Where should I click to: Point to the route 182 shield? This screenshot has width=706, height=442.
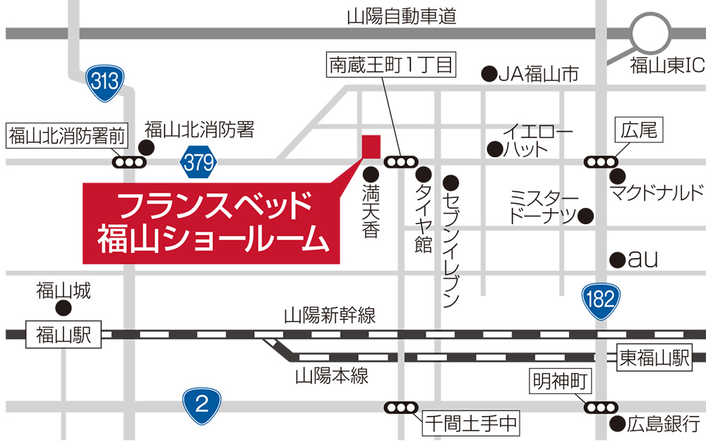601,298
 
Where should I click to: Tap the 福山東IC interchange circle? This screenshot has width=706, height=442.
650,35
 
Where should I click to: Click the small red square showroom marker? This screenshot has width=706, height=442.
371,146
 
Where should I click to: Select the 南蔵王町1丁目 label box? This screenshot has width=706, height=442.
390,66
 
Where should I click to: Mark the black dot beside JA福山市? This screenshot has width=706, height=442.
487,72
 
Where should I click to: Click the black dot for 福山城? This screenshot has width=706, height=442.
64,307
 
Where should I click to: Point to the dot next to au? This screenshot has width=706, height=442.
617,259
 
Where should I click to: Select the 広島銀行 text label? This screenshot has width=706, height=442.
662,424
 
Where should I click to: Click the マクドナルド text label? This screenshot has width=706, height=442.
657,192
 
